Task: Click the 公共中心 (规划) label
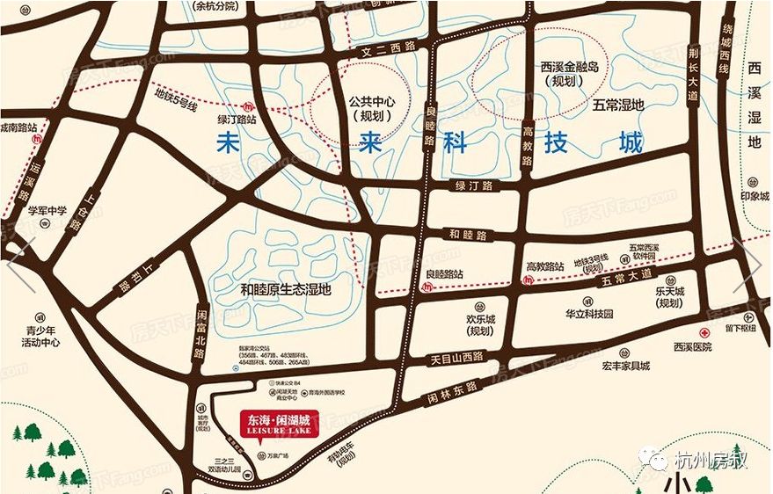tap(373, 108)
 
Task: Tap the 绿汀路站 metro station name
tap(237, 118)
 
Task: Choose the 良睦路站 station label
tap(444, 274)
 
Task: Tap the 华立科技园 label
tap(588, 313)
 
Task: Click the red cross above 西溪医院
tap(704, 334)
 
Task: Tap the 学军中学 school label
tap(47, 211)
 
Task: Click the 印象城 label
tap(754, 196)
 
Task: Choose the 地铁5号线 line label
tap(176, 93)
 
